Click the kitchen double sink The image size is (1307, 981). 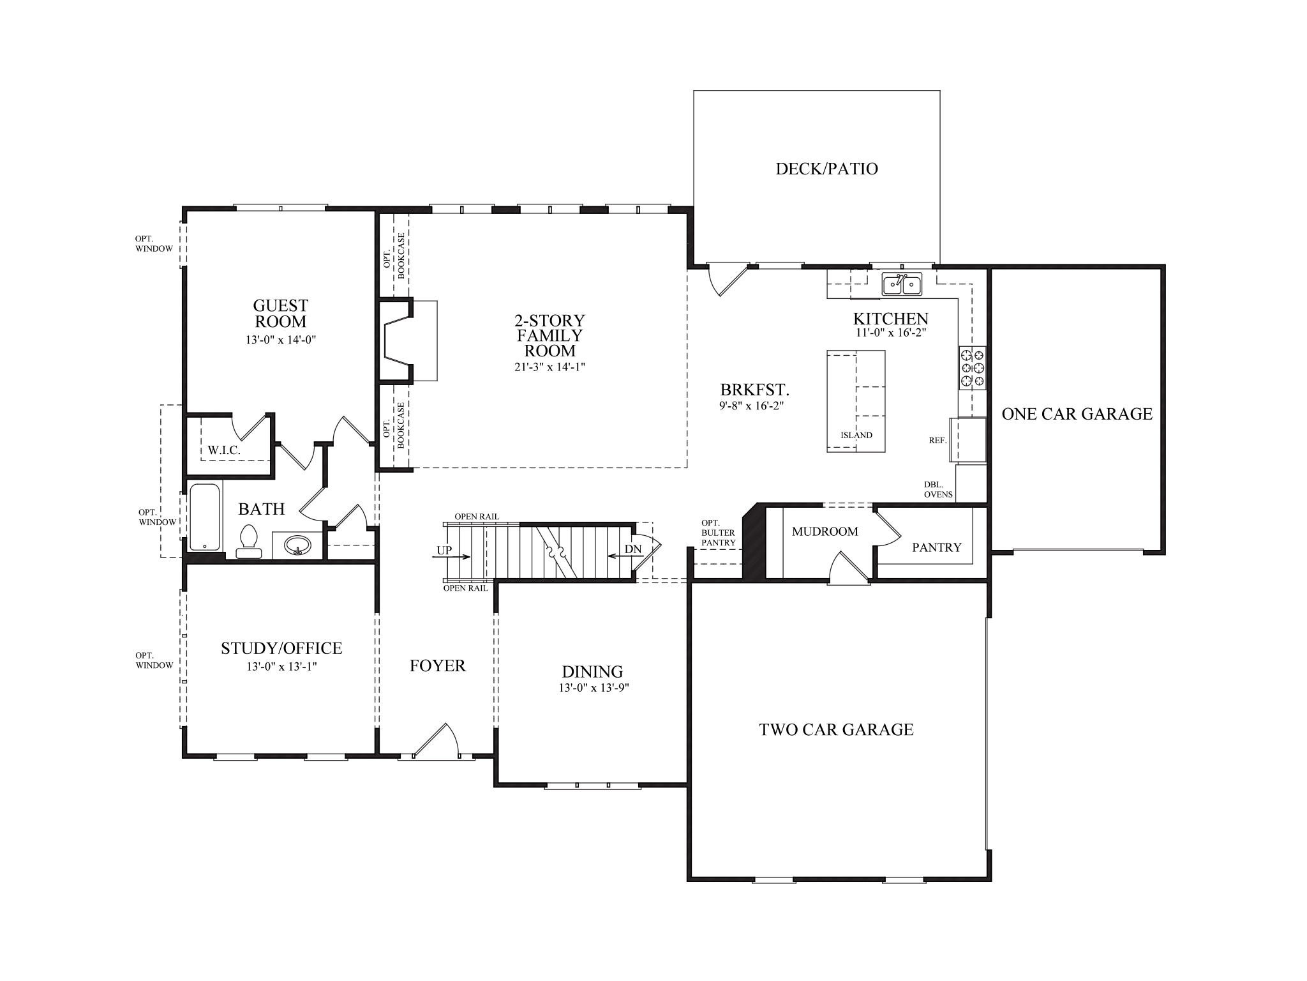click(902, 284)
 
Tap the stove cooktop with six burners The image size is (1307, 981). click(973, 368)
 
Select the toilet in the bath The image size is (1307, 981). click(248, 542)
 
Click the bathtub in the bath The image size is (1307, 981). click(205, 518)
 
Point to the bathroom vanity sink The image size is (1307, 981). click(297, 545)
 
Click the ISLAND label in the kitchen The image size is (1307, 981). click(856, 435)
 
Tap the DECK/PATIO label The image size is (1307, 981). click(826, 169)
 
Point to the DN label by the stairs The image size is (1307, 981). click(632, 549)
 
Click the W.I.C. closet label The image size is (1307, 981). click(224, 450)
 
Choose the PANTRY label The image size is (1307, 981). click(936, 547)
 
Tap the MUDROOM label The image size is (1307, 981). click(825, 531)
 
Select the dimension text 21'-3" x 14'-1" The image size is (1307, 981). click(550, 367)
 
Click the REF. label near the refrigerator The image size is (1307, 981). click(937, 440)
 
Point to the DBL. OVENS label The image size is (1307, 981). click(938, 489)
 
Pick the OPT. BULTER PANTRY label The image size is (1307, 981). click(718, 533)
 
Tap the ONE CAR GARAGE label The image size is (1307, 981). click(1077, 414)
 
